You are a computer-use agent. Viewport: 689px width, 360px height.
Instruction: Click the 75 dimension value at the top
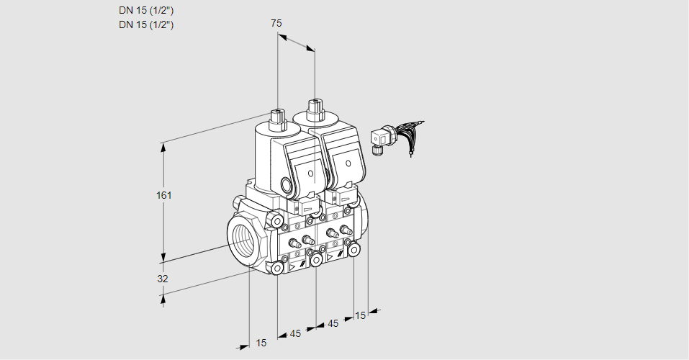(x=276, y=23)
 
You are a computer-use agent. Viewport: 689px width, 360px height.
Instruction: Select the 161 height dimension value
(x=164, y=195)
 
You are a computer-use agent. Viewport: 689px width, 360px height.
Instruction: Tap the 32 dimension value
(x=163, y=279)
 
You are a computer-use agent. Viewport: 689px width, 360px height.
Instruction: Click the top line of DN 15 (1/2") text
(x=146, y=11)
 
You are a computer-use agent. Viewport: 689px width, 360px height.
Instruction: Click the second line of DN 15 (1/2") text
(x=146, y=24)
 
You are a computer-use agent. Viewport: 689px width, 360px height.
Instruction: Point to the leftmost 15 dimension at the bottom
(x=261, y=343)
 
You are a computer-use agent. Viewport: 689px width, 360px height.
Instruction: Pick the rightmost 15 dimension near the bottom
(x=360, y=315)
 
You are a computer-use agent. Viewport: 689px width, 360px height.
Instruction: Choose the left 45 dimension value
(x=295, y=334)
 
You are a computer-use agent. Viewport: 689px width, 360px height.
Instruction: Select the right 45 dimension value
(x=333, y=323)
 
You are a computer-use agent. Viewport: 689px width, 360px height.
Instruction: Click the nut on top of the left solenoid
(x=277, y=119)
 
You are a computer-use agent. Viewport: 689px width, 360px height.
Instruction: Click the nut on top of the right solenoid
(x=315, y=109)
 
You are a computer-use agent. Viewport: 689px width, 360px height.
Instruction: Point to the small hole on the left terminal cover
(x=311, y=174)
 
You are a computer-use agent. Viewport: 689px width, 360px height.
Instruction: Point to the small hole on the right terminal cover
(x=348, y=163)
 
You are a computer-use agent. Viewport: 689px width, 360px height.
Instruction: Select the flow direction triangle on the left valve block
(x=292, y=267)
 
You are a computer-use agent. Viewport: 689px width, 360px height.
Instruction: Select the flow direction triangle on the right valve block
(x=330, y=257)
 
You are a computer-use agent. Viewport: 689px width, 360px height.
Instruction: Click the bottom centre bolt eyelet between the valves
(x=316, y=261)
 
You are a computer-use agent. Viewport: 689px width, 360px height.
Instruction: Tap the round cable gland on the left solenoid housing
(x=287, y=185)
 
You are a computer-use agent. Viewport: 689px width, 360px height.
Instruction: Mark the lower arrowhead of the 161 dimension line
(x=163, y=257)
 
